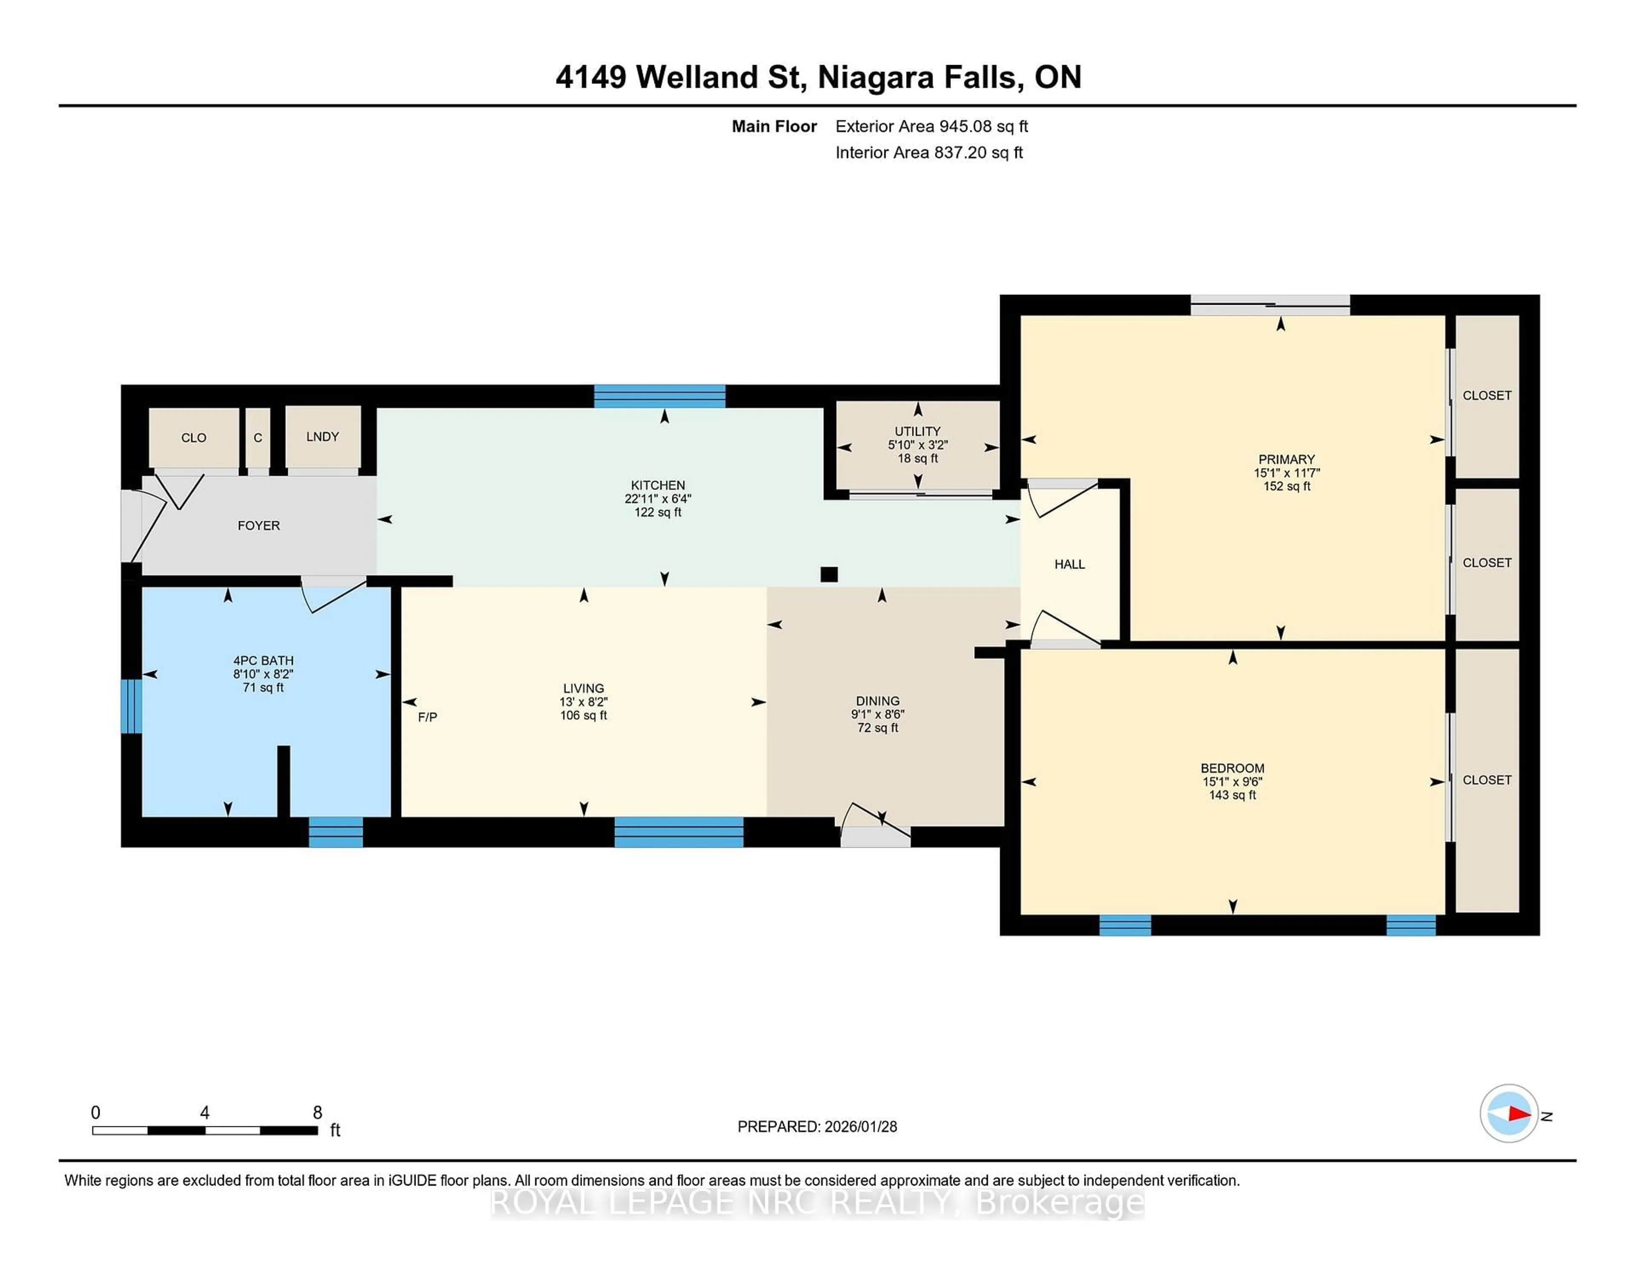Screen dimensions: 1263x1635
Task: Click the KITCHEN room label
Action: click(x=657, y=485)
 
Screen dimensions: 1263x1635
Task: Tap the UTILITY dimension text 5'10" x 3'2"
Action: click(x=918, y=444)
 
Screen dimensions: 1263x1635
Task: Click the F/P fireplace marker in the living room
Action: click(x=427, y=717)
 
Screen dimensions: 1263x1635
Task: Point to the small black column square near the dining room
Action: click(x=829, y=574)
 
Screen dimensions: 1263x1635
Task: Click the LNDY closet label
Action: click(x=323, y=436)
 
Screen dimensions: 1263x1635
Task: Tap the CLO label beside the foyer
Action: click(x=193, y=438)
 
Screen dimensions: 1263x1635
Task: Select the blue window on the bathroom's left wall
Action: click(x=131, y=706)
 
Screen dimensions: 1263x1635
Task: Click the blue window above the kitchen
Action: click(x=660, y=396)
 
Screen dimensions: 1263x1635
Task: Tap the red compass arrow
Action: click(x=1518, y=1113)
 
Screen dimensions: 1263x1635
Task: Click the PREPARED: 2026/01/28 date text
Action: click(x=817, y=1126)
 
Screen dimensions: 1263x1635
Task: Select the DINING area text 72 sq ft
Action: click(x=878, y=727)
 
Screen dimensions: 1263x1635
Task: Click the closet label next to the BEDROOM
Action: click(x=1487, y=780)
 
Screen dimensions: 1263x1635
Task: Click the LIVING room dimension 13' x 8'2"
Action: click(x=583, y=702)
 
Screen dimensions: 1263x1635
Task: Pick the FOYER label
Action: click(x=258, y=525)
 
